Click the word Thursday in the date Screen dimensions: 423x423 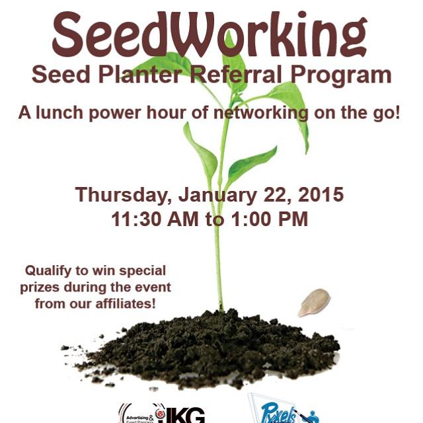coord(122,196)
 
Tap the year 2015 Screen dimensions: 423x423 coord(320,196)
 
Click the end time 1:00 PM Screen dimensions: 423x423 coord(267,219)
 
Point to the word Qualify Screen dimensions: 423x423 coord(49,271)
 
